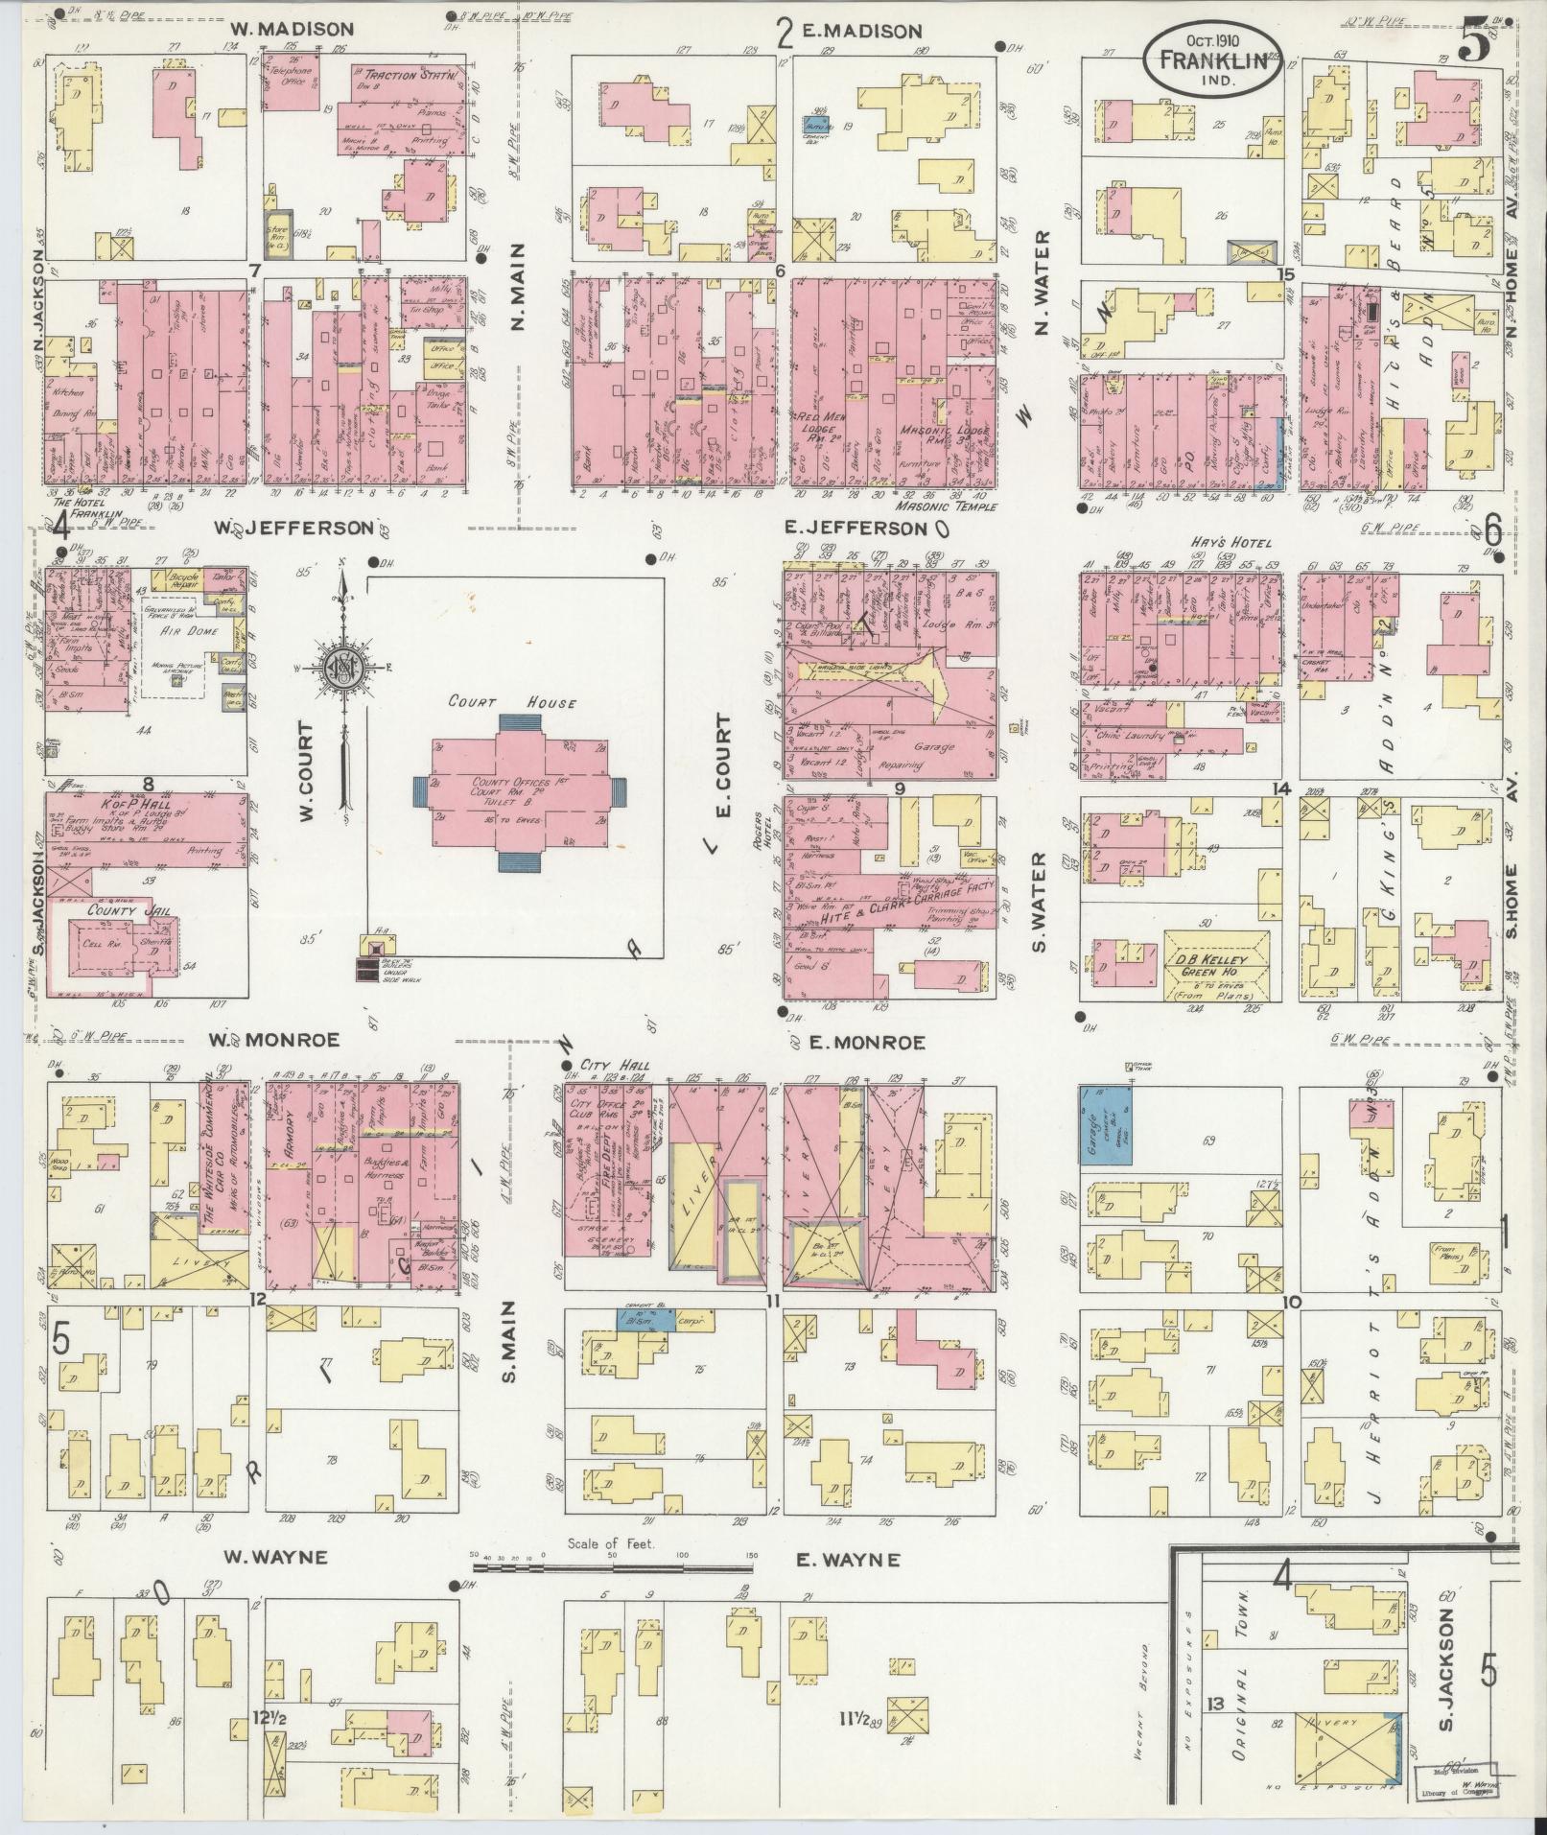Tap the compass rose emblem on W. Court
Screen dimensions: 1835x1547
(343, 665)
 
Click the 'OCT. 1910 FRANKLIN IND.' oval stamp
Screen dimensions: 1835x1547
(1212, 59)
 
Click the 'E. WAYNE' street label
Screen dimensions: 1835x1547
(848, 1561)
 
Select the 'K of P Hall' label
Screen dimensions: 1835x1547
(134, 804)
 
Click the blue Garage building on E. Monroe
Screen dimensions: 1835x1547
(1107, 1125)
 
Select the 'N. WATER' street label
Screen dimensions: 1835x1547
(1043, 284)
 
